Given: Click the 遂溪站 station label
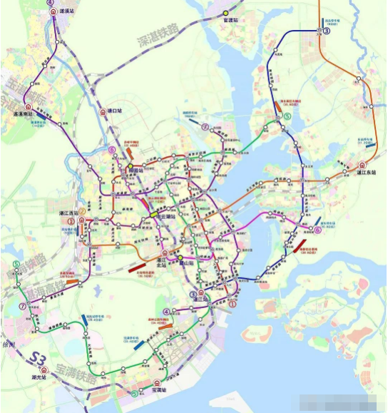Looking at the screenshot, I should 66,11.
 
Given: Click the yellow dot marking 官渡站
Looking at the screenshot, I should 225,14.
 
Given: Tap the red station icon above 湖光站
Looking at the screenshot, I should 44,369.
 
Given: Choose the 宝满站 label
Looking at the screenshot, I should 158,390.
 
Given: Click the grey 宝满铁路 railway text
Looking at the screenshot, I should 78,370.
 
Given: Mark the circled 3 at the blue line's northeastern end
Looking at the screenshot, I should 327,31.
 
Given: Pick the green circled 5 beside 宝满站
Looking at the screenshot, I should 135,392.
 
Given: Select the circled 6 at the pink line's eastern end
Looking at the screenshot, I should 317,230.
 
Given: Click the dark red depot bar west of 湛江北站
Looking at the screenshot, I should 137,269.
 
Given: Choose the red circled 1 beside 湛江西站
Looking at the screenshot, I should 70,222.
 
